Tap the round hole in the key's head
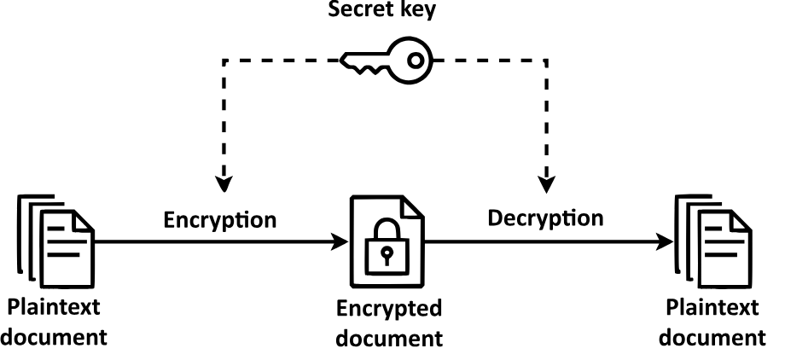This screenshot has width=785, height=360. (x=416, y=61)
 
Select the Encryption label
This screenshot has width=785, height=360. (x=220, y=219)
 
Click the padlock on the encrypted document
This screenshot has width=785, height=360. (x=387, y=245)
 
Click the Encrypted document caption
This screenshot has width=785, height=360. (x=388, y=322)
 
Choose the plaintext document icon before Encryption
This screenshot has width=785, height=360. (x=55, y=238)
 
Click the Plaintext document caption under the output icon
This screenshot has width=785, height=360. (x=715, y=321)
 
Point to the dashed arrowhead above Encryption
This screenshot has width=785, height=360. (x=224, y=183)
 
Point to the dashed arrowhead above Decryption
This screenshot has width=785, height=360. (x=546, y=183)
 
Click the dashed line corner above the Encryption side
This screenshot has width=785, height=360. (x=224, y=61)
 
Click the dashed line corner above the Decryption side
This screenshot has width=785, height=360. (x=546, y=61)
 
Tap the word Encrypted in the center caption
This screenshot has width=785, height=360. (x=388, y=308)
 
